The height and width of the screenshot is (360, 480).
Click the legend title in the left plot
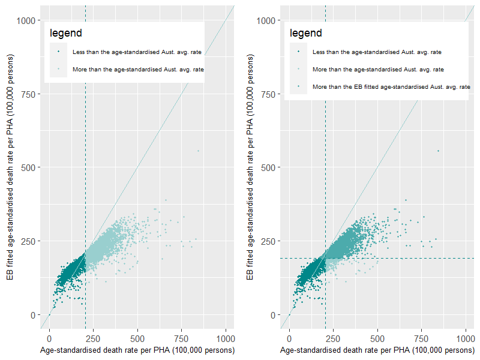[65, 33]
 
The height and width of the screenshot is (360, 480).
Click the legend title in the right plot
[305, 33]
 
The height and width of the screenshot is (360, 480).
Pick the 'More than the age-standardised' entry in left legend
[138, 70]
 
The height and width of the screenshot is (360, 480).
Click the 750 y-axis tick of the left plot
[29, 94]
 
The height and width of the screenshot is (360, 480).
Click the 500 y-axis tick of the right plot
[269, 167]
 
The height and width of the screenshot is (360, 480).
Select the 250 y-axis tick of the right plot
[269, 241]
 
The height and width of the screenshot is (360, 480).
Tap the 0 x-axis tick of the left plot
[49, 338]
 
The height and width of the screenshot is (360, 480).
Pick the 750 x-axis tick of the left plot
[182, 338]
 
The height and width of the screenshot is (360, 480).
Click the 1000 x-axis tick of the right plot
[466, 338]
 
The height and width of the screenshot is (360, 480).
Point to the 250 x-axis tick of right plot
[334, 338]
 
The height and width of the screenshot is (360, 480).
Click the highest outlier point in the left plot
[198, 151]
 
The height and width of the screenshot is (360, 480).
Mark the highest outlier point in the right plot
[438, 151]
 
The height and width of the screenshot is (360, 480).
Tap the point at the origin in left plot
[49, 314]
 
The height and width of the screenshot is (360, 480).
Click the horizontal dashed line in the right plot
[420, 259]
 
